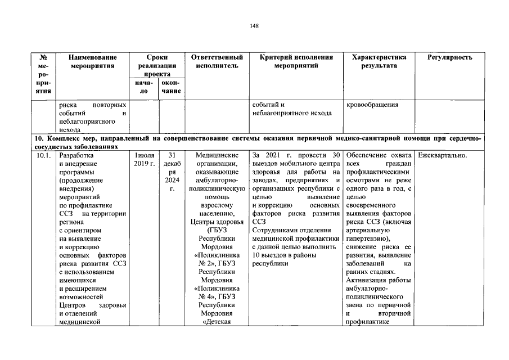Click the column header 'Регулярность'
coord(449,57)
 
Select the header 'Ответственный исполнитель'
coord(217,61)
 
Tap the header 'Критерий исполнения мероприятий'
coord(296,61)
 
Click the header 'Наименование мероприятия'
coord(93,61)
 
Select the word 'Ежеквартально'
coord(443,155)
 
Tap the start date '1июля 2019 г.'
coord(145,159)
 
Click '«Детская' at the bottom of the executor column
coord(217,322)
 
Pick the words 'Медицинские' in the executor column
coord(217,155)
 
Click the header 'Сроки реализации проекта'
coord(159,65)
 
